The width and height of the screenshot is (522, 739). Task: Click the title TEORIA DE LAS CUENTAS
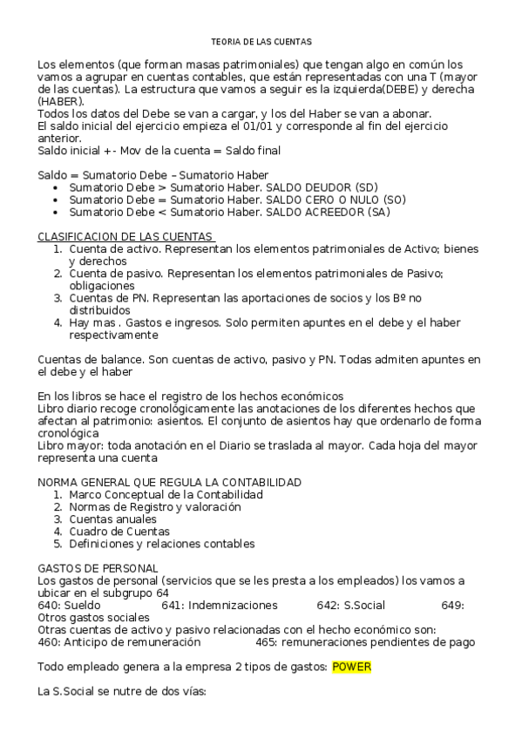[261, 41]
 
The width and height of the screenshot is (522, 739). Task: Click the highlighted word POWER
[351, 668]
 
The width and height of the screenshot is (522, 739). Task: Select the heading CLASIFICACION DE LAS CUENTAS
[125, 237]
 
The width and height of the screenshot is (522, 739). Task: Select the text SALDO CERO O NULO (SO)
[336, 200]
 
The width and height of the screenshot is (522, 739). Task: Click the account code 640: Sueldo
[70, 605]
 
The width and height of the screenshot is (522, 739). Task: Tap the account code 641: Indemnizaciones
[220, 605]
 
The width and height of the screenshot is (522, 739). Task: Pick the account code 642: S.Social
[350, 605]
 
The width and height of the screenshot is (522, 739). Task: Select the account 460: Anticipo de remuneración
[119, 642]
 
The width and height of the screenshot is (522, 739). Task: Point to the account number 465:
[267, 642]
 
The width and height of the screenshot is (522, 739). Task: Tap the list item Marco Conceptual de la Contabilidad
[166, 494]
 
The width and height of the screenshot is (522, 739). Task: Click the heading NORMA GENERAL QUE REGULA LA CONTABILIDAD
[170, 482]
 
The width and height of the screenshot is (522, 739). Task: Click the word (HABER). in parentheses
[61, 101]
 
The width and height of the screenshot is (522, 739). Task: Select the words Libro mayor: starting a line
[70, 445]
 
